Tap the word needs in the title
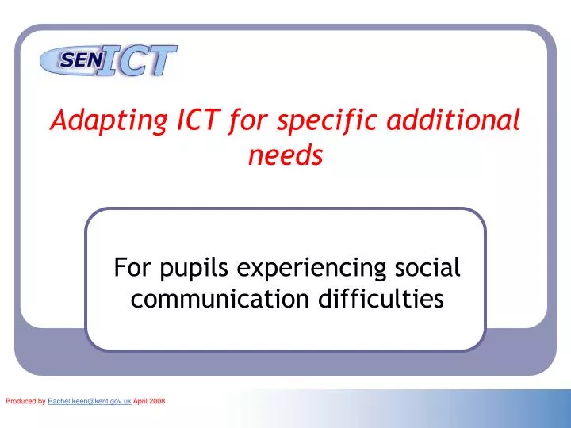(x=285, y=156)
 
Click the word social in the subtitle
(x=428, y=267)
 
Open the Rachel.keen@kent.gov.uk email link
(x=89, y=403)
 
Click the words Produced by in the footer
(x=25, y=403)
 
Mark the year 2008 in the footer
(x=157, y=403)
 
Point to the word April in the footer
(x=140, y=403)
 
